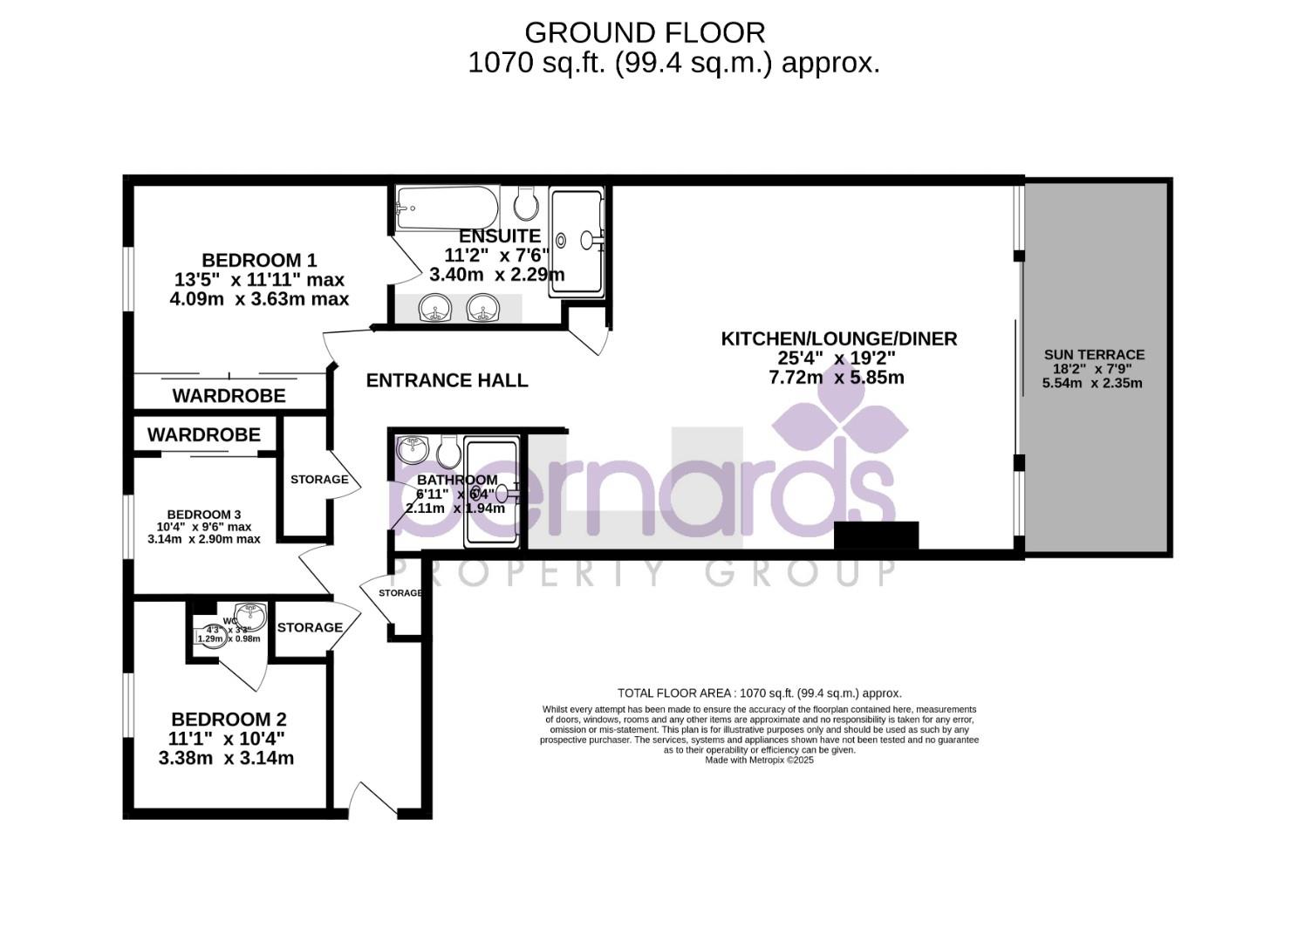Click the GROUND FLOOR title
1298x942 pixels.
coord(645,32)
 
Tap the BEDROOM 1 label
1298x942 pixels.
coord(259,260)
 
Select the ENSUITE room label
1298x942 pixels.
coord(500,235)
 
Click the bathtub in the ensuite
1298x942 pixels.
coord(446,208)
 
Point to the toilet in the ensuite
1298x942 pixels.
coord(525,204)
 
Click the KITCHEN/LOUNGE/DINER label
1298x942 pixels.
coord(838,338)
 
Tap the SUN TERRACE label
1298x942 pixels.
coord(1094,354)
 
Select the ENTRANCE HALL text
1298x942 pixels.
coord(447,380)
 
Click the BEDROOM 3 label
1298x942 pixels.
coord(204,515)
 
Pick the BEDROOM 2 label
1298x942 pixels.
coord(229,720)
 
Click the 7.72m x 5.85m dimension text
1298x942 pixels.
coord(836,378)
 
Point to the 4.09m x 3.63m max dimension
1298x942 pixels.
coord(259,299)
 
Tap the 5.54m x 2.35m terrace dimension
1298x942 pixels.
coord(1092,383)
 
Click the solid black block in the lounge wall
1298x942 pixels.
coord(876,536)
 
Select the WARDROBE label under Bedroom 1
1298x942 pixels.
coord(229,396)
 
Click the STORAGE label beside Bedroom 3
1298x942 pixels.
coord(319,480)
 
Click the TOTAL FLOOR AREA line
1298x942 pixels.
coord(759,693)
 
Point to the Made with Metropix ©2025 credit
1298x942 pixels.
coord(759,760)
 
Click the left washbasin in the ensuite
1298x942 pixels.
coord(434,308)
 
